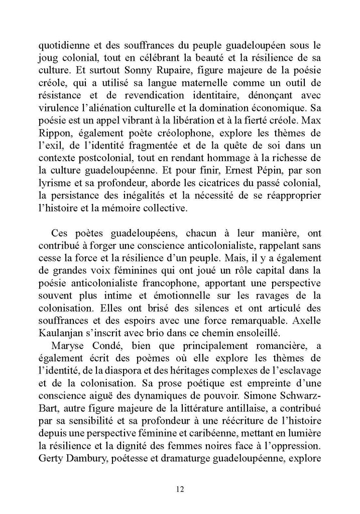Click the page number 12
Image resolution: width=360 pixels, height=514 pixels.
[180, 488]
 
